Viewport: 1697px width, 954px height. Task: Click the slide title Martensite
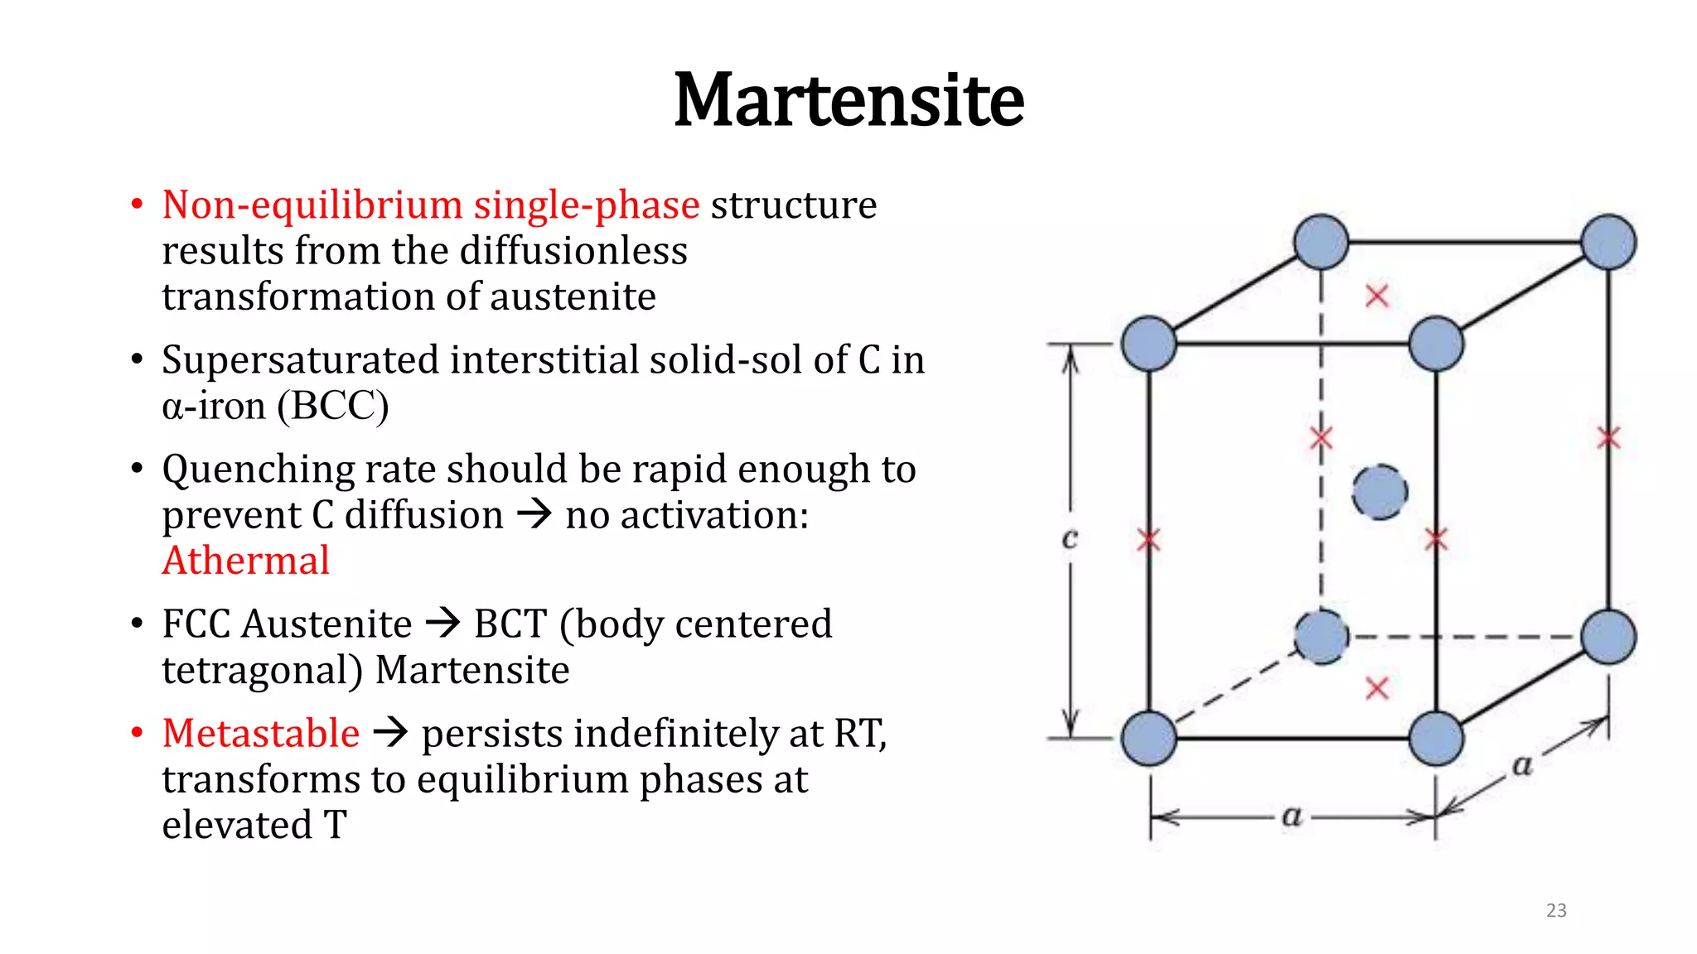[848, 101]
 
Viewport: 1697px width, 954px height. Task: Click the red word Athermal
[246, 561]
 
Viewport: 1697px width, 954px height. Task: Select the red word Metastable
[261, 734]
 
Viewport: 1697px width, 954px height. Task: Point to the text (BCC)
[332, 406]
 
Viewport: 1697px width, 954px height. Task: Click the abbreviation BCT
[510, 624]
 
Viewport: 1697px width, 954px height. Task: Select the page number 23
[1556, 910]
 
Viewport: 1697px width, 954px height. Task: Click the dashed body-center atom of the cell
[1380, 492]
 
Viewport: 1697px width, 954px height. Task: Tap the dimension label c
[1070, 538]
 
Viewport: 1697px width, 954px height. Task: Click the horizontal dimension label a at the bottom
[1292, 816]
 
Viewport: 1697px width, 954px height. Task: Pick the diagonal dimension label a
[1522, 764]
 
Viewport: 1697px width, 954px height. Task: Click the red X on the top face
[1377, 296]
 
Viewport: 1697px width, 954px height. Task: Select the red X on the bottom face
[1377, 688]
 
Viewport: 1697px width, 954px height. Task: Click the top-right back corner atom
[1608, 242]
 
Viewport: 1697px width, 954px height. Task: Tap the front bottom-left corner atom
[1149, 738]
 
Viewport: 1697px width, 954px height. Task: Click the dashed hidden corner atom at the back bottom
[1322, 637]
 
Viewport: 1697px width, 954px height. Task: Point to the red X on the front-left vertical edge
[1148, 541]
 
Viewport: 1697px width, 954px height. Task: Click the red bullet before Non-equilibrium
[138, 205]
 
